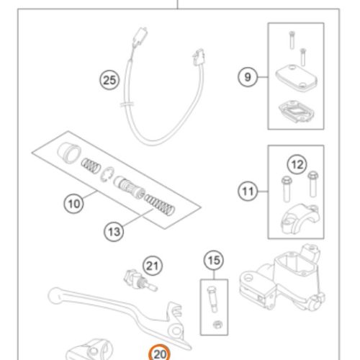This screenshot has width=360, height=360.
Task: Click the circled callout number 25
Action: tap(109, 80)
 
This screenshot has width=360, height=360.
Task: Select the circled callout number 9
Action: tap(248, 77)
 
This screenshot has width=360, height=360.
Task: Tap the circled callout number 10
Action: tap(73, 204)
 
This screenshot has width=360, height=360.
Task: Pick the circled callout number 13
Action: tap(114, 232)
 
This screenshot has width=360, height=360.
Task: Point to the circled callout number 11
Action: tap(248, 192)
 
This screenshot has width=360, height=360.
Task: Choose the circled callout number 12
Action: tap(297, 165)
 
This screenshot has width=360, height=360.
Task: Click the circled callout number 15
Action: tap(214, 261)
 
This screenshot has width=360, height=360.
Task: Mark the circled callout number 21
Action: tap(153, 266)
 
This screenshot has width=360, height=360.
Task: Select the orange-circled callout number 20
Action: tap(159, 354)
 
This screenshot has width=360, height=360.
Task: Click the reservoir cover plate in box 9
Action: tap(296, 76)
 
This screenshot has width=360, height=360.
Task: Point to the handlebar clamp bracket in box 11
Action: tap(300, 219)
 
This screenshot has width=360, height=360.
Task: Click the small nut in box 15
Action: tap(217, 325)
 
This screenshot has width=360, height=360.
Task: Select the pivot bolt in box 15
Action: tap(212, 300)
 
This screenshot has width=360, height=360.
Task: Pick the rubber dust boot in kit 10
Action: tap(69, 153)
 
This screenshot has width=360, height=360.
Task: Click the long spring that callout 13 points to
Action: tap(159, 204)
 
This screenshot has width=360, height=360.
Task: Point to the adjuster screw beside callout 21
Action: tap(140, 279)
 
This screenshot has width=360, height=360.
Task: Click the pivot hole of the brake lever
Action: tap(176, 331)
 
